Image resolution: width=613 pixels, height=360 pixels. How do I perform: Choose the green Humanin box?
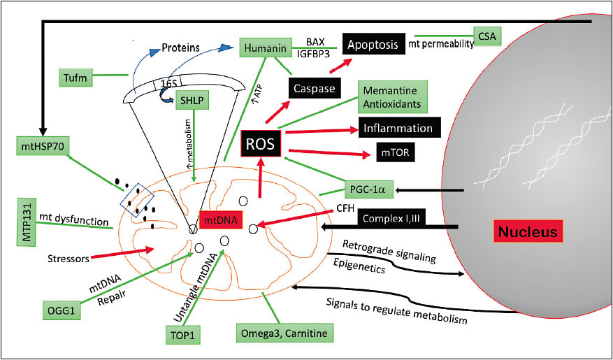pyautogui.click(x=264, y=48)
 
